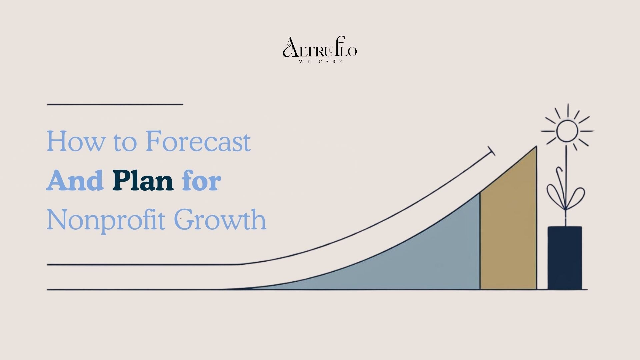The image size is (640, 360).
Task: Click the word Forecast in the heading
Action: coord(198,141)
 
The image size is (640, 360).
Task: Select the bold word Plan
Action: coord(143,180)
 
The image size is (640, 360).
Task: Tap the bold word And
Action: coord(75,180)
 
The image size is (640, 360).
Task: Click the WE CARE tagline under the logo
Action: coord(321,62)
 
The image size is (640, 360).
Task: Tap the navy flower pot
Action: coord(565,258)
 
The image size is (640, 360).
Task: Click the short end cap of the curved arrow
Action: coord(491,151)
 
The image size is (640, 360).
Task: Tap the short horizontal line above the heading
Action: coord(115,104)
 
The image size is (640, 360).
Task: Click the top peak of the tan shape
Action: coord(536,146)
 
